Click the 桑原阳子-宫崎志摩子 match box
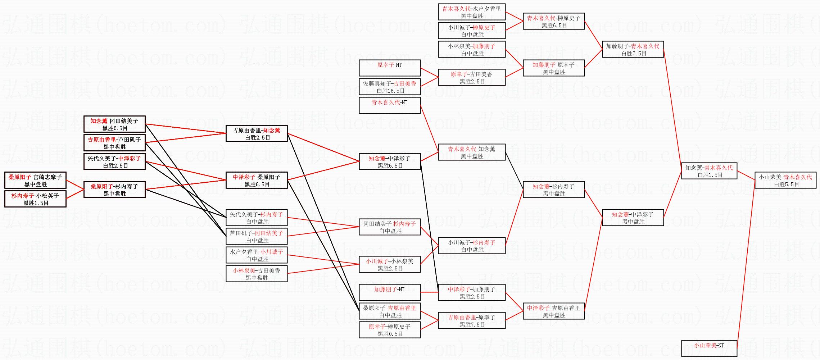tap(35, 180)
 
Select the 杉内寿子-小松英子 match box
tap(35, 199)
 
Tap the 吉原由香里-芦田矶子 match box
tap(114, 143)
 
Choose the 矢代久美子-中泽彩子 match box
tap(114, 161)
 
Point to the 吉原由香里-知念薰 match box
tap(257, 133)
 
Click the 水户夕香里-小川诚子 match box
tap(257, 255)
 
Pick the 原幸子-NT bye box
tap(390, 68)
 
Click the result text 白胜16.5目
tap(390, 91)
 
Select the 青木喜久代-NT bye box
tap(390, 105)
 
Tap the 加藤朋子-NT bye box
tap(390, 292)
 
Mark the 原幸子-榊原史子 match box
tap(390, 330)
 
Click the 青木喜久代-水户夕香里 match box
tap(472, 12)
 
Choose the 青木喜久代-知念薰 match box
tap(472, 152)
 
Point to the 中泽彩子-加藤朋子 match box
tap(472, 292)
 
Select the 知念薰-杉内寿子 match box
tap(554, 190)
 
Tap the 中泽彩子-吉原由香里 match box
tap(554, 311)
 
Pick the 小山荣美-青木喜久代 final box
tap(785, 180)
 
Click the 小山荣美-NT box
tap(709, 348)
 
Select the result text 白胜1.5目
tap(710, 175)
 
